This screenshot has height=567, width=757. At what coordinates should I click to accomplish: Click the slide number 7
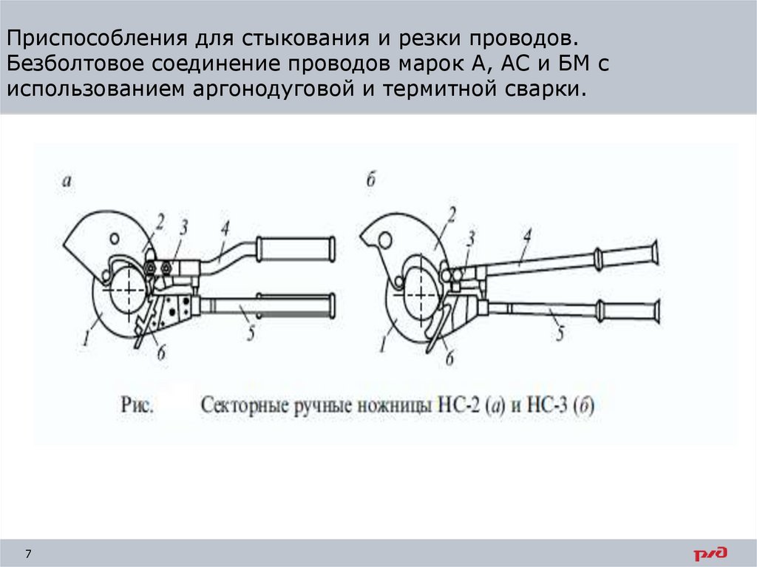pos(28,554)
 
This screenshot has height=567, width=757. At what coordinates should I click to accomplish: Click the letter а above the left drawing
pos(67,180)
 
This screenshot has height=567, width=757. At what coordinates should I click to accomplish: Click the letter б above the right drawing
pos(371,180)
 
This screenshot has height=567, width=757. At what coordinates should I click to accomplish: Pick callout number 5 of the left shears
pos(251,333)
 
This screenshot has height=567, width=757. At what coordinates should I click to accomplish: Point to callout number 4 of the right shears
pos(527,237)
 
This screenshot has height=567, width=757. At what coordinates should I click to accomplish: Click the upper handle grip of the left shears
pos(296,249)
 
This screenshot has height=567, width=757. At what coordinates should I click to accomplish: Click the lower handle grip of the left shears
pos(296,305)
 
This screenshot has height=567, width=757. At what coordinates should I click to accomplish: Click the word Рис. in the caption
pos(138,405)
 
